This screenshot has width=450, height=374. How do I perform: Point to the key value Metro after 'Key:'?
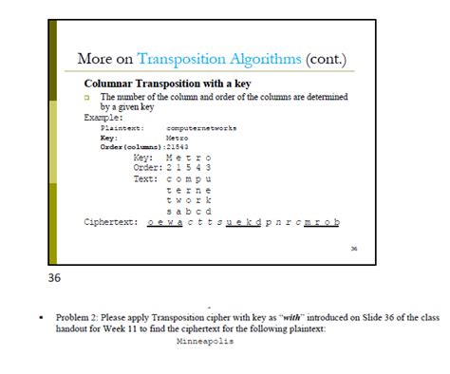click(x=177, y=137)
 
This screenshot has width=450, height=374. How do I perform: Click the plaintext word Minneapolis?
click(x=205, y=340)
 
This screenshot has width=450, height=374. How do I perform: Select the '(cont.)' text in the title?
click(x=327, y=59)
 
